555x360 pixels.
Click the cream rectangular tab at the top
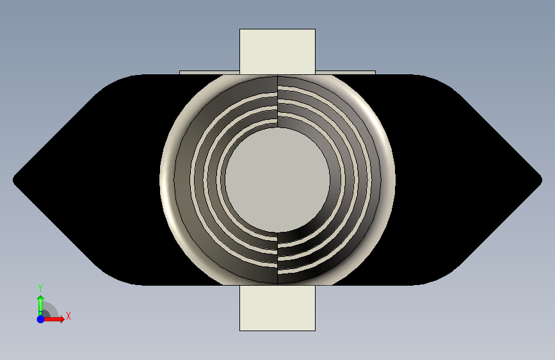[277, 50]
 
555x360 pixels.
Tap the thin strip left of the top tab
[209, 72]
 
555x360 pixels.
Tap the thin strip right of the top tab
[345, 72]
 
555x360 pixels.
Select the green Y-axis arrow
[40, 303]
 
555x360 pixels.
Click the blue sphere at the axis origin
[40, 319]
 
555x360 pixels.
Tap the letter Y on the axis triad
[40, 288]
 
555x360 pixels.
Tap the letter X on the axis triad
[68, 316]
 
